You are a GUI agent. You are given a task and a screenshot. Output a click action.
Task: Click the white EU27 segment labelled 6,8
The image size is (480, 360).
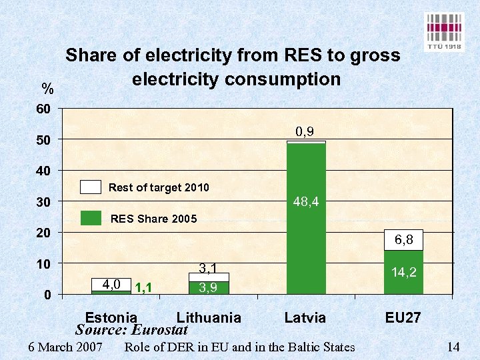point(403,240)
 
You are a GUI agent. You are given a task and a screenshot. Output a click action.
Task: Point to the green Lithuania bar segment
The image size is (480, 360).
point(209,288)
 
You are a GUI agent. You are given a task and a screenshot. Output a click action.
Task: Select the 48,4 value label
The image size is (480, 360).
point(306,201)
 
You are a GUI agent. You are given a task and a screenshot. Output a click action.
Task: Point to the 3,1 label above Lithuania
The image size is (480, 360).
point(209,269)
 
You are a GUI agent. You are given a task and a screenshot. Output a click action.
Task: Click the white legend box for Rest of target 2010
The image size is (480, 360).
point(90,187)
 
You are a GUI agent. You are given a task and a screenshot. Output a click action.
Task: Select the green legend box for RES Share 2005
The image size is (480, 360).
point(90,218)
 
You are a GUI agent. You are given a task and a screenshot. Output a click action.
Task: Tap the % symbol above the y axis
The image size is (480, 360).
point(47,89)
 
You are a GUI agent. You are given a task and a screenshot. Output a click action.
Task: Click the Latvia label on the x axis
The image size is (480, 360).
point(305,317)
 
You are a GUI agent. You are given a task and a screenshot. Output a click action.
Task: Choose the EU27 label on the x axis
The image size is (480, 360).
point(403,317)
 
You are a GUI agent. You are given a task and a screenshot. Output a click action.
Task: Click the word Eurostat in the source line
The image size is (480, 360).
point(160,330)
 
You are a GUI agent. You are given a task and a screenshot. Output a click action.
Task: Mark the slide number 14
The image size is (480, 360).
point(453,347)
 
